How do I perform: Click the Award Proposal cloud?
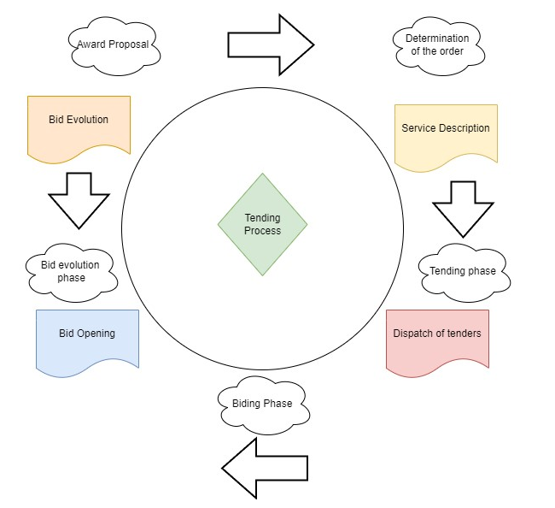tap(114, 45)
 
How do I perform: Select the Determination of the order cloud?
tap(438, 45)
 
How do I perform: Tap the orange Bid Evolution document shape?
tap(79, 127)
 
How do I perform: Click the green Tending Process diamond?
tap(262, 225)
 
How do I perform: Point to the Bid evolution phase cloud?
tap(70, 272)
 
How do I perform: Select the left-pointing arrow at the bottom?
tap(265, 467)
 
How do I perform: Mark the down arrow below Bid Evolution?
tap(79, 199)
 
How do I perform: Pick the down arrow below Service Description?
tap(463, 208)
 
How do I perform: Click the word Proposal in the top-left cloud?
tap(134, 44)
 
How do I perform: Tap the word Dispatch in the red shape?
tap(413, 334)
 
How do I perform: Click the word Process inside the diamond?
tap(262, 231)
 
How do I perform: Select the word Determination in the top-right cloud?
tap(438, 38)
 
